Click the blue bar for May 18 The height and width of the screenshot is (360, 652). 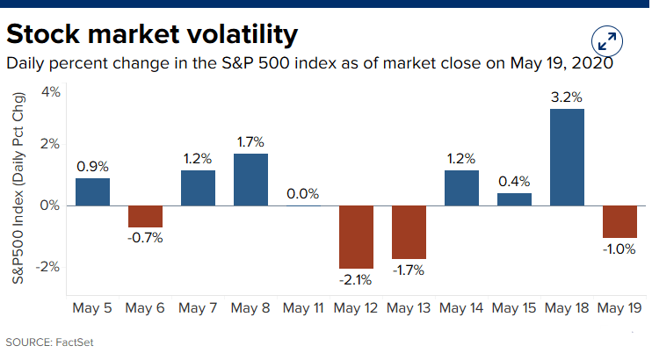tap(567, 156)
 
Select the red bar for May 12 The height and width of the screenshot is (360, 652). tap(356, 236)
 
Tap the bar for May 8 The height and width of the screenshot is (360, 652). tap(250, 179)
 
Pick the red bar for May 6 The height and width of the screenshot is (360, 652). tap(145, 216)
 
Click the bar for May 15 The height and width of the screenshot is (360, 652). tap(514, 199)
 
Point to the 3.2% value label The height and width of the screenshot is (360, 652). tap(567, 97)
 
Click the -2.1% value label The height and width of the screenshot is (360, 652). tap(355, 280)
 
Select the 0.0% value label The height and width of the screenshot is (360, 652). tap(303, 194)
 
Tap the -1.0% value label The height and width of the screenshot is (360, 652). tap(619, 248)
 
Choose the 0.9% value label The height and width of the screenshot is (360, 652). tap(92, 166)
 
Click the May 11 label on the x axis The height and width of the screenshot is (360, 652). tap(303, 308)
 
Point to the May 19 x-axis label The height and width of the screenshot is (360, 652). tap(619, 308)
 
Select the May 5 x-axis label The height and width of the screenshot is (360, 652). tap(92, 308)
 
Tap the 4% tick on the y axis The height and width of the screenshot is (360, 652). tap(50, 92)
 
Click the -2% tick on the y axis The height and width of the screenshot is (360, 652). tap(48, 266)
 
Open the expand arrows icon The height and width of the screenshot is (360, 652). tap(607, 40)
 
